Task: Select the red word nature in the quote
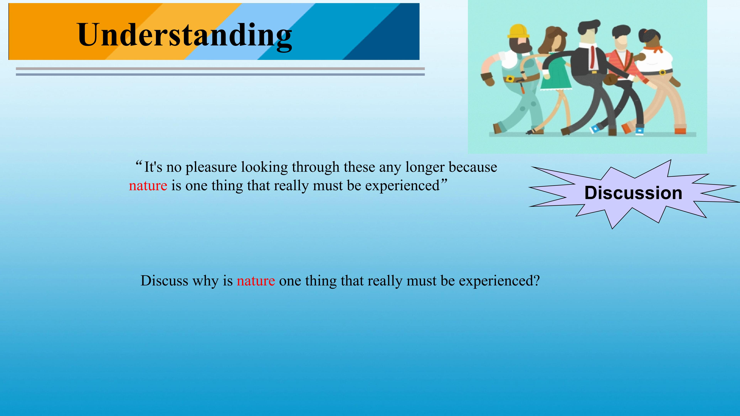point(148,186)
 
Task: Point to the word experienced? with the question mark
point(499,281)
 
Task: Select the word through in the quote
point(316,167)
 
